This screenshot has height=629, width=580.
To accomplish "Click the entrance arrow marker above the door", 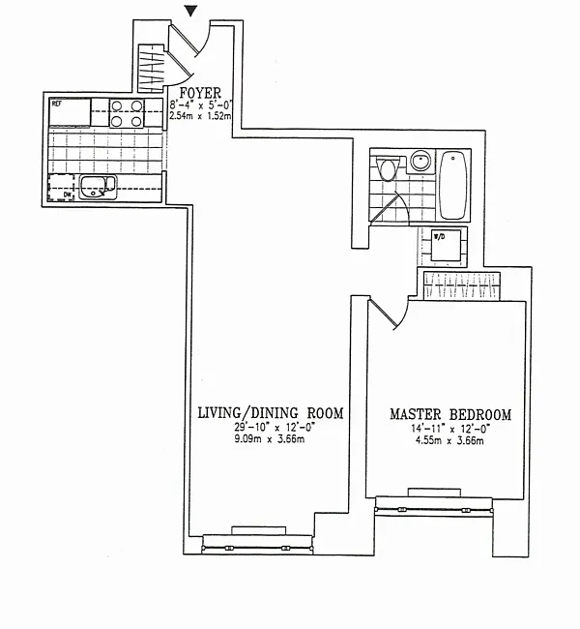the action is point(192,11).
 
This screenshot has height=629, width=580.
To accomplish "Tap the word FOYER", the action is point(200,93).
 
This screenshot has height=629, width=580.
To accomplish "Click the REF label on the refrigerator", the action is point(56,104).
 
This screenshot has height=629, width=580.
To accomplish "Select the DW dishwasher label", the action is point(67,195).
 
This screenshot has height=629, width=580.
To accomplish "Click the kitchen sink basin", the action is point(98,188).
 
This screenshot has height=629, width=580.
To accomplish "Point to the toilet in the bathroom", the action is point(388,168).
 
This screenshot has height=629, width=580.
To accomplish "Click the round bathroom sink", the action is point(420,161).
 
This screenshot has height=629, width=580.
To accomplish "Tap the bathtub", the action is point(453,185).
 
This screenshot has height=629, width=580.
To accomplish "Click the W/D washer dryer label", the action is point(439,236).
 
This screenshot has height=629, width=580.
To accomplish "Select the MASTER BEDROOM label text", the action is point(450,414).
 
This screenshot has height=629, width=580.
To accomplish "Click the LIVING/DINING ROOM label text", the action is point(271,413).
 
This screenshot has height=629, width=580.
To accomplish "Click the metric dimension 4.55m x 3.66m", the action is point(449,441).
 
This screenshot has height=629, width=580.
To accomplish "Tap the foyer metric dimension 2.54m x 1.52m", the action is point(200,116).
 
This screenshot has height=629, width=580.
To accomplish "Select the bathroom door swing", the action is point(390,208).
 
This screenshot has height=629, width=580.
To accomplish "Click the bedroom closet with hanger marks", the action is point(462,286).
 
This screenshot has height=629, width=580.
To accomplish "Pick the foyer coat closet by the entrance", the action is point(152,68).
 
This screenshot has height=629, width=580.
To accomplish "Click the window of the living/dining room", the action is point(258,545).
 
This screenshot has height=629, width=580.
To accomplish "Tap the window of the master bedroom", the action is point(434,506).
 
